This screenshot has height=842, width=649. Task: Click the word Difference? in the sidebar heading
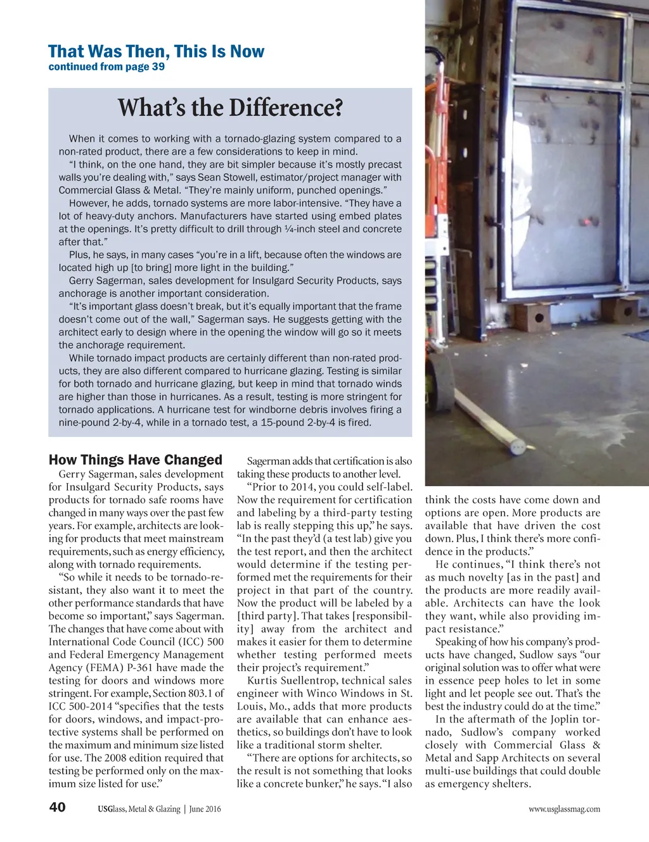[x=286, y=108]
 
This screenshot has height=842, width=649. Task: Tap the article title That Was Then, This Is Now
[x=156, y=51]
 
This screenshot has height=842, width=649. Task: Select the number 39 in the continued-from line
[x=158, y=66]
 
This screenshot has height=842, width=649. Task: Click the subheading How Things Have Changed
[x=135, y=460]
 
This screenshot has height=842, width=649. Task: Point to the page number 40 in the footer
[x=57, y=807]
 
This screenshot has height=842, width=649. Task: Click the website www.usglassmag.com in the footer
[x=564, y=808]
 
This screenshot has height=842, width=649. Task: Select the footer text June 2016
[x=205, y=808]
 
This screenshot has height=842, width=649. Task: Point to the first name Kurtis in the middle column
[x=263, y=681]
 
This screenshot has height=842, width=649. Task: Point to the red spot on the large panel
[x=593, y=222]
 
